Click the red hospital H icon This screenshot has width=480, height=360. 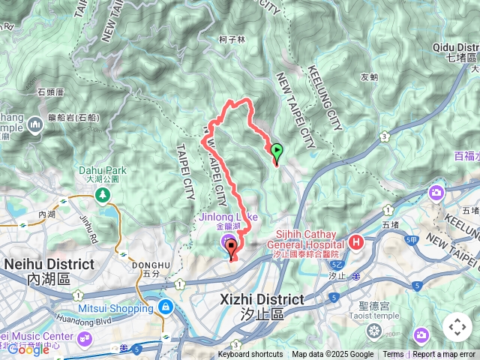[356, 242]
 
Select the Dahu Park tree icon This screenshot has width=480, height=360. [101, 196]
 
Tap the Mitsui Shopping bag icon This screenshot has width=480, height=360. [165, 307]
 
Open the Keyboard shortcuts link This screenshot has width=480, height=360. [250, 355]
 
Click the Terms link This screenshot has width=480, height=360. [393, 355]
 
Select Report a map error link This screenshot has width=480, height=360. [445, 355]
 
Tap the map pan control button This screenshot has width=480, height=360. [457, 327]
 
